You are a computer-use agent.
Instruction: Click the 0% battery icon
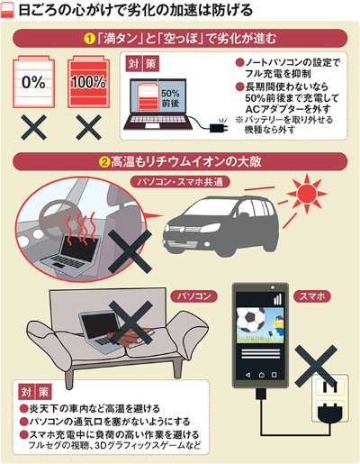click(x=34, y=81)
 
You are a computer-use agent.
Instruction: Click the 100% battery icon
click(x=88, y=81)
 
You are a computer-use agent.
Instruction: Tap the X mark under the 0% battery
click(x=34, y=127)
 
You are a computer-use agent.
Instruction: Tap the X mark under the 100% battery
click(x=88, y=127)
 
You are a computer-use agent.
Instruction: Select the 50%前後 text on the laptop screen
click(x=170, y=98)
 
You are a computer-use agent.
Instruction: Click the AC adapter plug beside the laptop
click(x=219, y=127)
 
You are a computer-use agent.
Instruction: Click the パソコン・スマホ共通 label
click(x=180, y=182)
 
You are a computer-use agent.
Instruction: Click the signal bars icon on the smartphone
click(x=278, y=298)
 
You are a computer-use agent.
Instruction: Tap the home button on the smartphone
click(x=261, y=375)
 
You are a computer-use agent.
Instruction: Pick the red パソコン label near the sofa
click(x=193, y=296)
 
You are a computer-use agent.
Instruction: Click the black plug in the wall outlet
click(x=330, y=411)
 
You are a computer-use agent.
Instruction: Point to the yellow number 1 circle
click(x=89, y=39)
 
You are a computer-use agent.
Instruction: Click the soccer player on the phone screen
click(x=275, y=326)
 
